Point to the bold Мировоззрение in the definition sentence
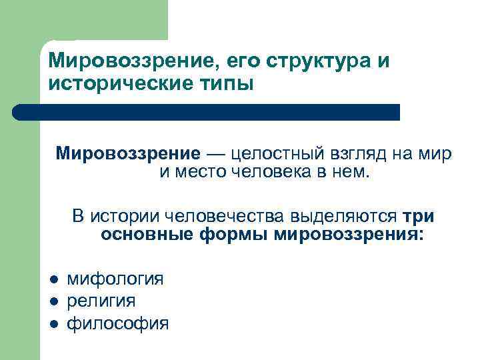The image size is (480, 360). (x=127, y=154)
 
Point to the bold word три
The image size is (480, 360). (x=419, y=217)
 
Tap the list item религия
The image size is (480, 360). (x=101, y=301)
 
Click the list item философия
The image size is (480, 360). (x=117, y=323)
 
